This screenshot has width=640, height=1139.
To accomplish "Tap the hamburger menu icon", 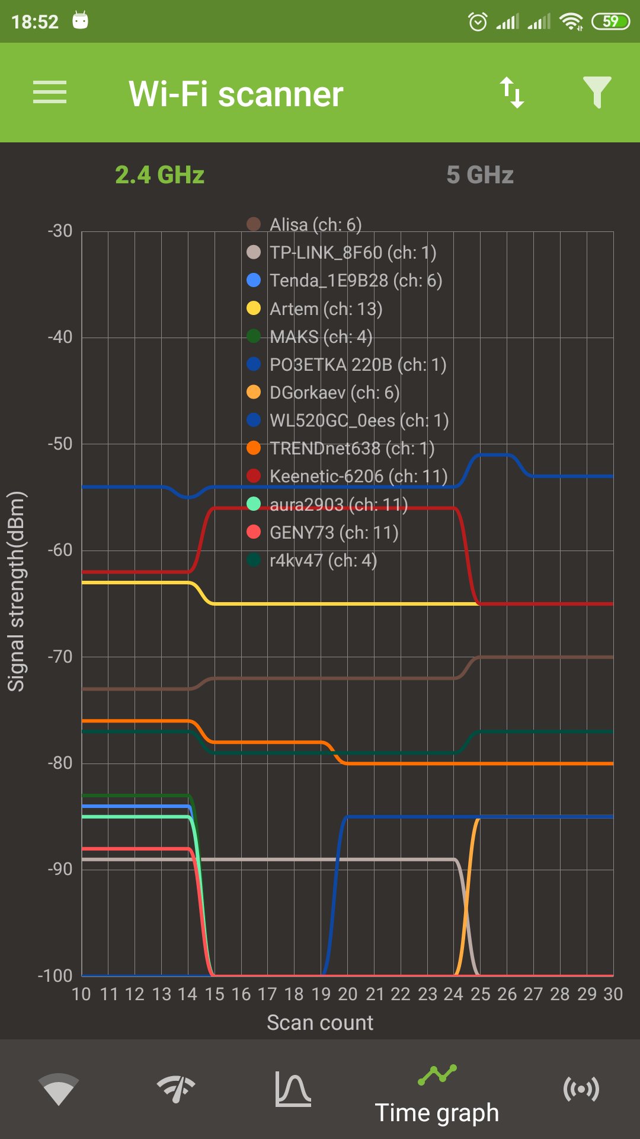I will [x=50, y=93].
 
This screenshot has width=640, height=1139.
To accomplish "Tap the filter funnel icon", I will [x=597, y=93].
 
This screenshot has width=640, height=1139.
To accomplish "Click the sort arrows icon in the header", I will [x=512, y=93].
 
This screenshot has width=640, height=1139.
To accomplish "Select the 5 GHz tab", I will [x=479, y=175].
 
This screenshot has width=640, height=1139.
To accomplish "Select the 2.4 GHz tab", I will [x=159, y=175].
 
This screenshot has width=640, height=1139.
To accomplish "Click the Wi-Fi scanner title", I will [x=236, y=94].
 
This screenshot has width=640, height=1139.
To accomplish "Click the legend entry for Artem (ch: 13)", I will [x=325, y=309].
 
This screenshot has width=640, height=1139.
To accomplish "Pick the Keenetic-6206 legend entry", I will [x=358, y=476].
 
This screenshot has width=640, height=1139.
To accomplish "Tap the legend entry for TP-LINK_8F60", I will [x=353, y=253].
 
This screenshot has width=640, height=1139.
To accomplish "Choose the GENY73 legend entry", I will [x=334, y=533].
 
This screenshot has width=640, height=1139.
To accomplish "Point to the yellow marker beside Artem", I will [x=254, y=308].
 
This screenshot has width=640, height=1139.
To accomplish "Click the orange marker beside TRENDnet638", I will [x=254, y=448].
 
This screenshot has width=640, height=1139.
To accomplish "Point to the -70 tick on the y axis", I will [x=60, y=657].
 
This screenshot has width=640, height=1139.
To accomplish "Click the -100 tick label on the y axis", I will [x=55, y=976].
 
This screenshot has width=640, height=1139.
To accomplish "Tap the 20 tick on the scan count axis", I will [x=347, y=994].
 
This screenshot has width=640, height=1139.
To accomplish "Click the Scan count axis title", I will [x=320, y=1023].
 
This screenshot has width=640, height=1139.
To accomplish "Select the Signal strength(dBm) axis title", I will [x=16, y=591].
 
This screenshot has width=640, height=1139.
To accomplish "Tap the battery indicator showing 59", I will [x=610, y=22].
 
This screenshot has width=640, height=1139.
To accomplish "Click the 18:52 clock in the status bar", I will [x=35, y=22].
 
